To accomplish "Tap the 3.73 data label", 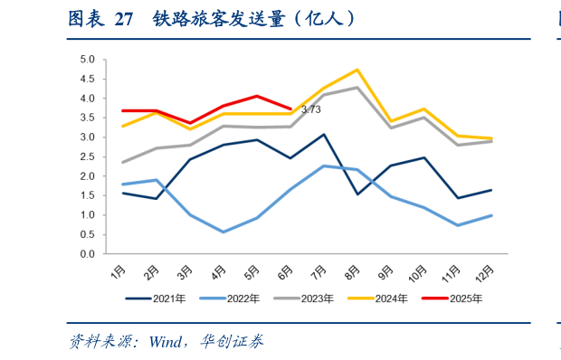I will [310, 109].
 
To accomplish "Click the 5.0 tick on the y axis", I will [88, 60].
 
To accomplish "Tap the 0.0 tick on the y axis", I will [88, 254].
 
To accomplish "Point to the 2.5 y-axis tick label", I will [88, 157].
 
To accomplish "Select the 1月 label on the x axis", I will [119, 270].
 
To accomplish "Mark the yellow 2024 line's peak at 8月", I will [357, 70].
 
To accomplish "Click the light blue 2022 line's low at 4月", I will [223, 232].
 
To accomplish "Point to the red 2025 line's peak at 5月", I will [257, 96].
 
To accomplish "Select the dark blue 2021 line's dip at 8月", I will [357, 194].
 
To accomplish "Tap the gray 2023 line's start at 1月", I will [122, 163].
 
